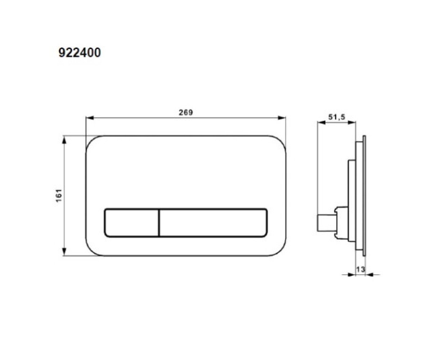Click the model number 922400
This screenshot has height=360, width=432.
80,53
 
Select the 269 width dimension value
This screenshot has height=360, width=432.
186,113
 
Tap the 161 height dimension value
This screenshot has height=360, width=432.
59,195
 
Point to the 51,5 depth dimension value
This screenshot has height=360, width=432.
337,117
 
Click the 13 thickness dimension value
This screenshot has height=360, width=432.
360,269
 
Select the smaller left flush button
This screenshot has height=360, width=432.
132,222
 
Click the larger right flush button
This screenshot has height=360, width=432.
213,222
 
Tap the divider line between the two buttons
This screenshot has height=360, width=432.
159,222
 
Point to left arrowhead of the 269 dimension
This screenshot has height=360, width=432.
90,118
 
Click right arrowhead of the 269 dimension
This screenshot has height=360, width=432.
282,118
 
